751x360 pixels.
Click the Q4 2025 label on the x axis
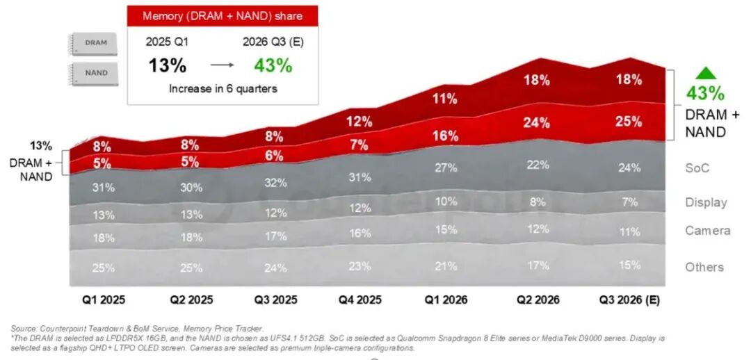click(x=360, y=300)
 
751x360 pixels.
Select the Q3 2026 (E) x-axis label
click(x=629, y=300)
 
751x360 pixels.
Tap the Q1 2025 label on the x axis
click(x=103, y=300)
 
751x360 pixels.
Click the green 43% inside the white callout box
click(x=273, y=65)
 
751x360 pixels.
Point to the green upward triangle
click(x=706, y=73)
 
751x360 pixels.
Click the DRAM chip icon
click(x=95, y=44)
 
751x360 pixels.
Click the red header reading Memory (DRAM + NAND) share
click(x=223, y=16)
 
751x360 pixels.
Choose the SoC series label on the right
click(x=697, y=168)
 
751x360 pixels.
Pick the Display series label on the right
click(x=706, y=202)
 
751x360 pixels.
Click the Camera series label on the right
click(x=708, y=231)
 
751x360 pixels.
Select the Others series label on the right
click(x=704, y=267)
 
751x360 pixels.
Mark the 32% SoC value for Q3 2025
click(x=275, y=183)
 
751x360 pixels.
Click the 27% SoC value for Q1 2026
click(x=446, y=168)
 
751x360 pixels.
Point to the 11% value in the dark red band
click(x=444, y=99)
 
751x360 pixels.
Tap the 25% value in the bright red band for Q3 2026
click(x=629, y=122)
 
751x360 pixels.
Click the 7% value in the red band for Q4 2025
click(x=360, y=145)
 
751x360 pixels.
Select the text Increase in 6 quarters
click(x=223, y=88)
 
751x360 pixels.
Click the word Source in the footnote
click(x=24, y=329)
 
